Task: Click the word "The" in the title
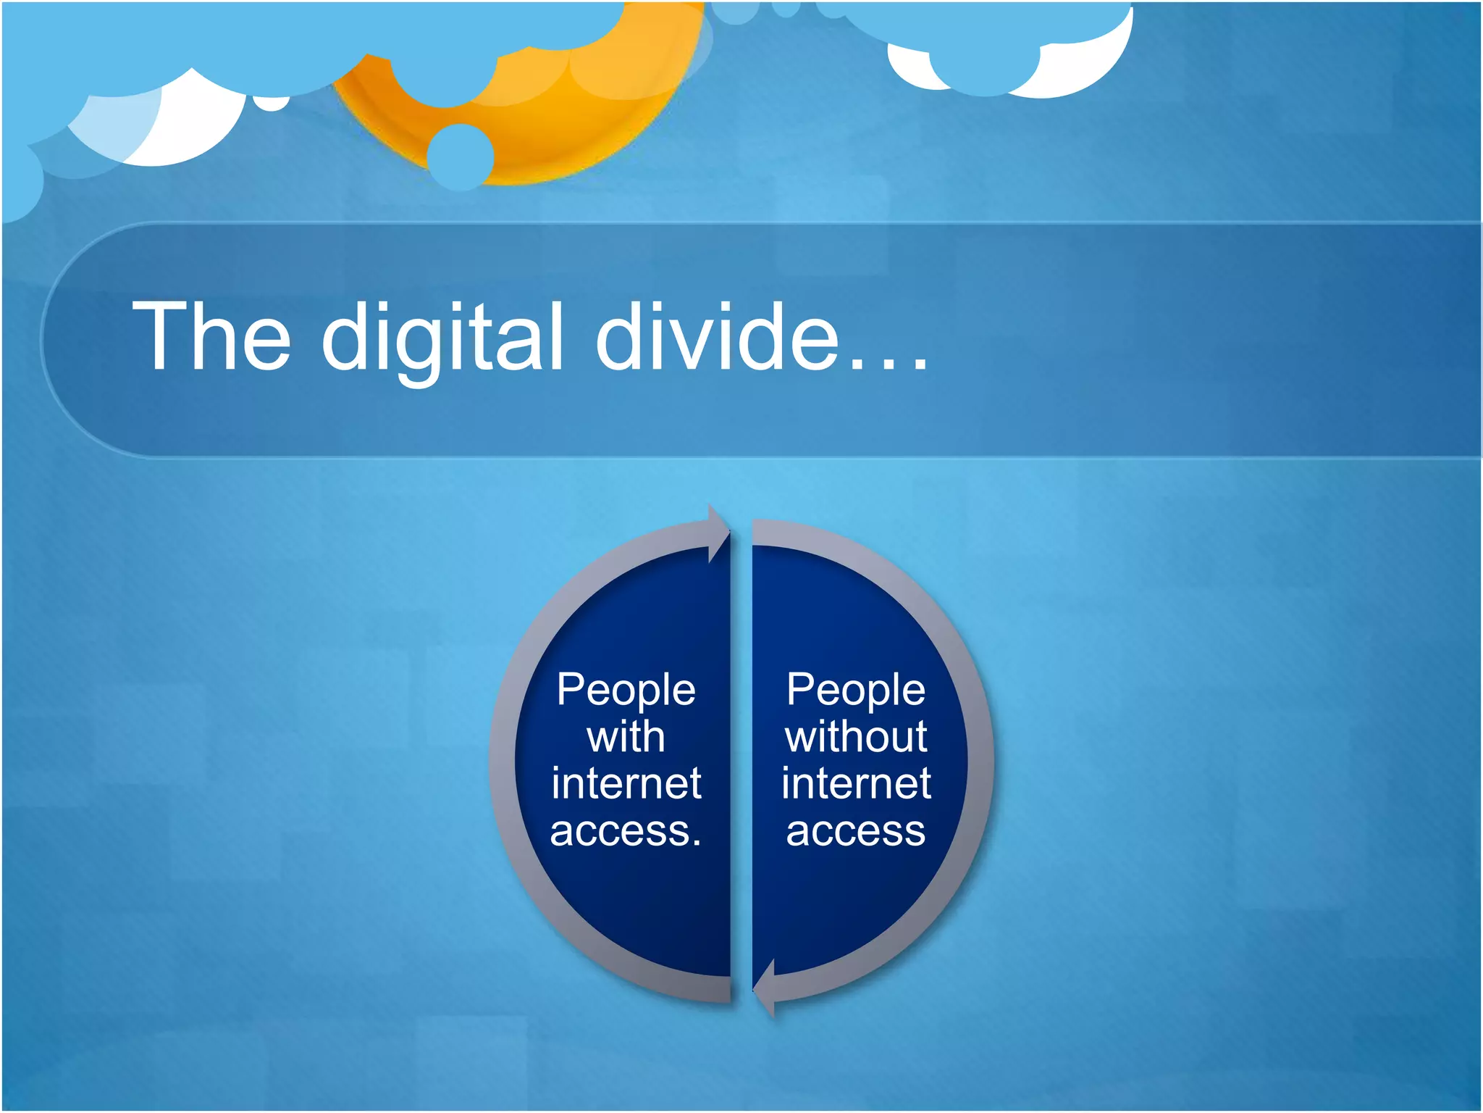211,337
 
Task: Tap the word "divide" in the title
717,337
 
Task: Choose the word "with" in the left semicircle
626,737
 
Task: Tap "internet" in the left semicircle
626,783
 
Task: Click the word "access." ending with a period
626,831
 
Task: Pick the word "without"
856,737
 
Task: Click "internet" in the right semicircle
856,783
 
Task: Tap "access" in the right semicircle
856,831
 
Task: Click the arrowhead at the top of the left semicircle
718,535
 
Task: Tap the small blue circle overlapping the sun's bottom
461,157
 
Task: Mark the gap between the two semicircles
741,761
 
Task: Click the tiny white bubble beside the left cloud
272,103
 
